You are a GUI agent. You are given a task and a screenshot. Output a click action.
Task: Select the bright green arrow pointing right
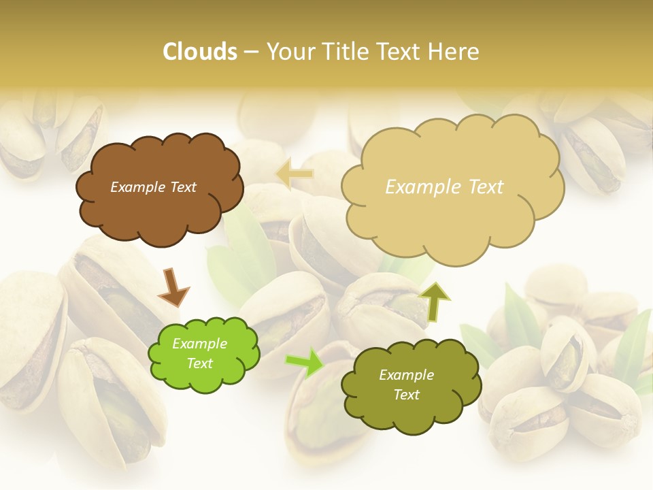(304, 363)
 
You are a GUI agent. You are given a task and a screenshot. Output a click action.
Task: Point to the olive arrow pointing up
(435, 301)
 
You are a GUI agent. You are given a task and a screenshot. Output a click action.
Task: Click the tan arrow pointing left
(295, 173)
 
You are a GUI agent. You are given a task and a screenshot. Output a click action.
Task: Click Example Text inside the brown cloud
(153, 187)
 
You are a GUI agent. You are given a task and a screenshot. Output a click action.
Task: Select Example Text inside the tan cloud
(444, 187)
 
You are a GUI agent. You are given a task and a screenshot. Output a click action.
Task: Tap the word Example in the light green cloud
(199, 344)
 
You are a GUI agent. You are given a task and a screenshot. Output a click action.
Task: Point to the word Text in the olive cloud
(406, 395)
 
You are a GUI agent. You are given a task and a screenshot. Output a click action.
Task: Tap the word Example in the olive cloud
(406, 375)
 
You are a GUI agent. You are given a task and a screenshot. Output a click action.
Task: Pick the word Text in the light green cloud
(199, 363)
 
